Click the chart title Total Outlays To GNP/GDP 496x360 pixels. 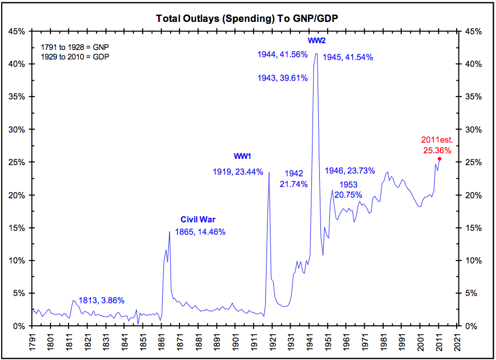click(x=247, y=19)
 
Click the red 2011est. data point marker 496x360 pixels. click(x=439, y=159)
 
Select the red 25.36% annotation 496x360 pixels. click(x=437, y=150)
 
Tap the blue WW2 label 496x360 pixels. click(x=316, y=41)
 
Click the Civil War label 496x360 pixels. click(x=198, y=220)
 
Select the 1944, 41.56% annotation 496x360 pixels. click(x=282, y=54)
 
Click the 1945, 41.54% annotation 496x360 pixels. click(x=348, y=57)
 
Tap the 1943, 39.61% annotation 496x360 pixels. click(x=282, y=78)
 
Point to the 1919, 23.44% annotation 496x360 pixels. click(x=238, y=172)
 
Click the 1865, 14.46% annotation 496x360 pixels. click(x=200, y=231)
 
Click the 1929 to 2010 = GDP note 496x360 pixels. click(x=76, y=57)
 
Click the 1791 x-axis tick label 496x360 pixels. click(x=33, y=341)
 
